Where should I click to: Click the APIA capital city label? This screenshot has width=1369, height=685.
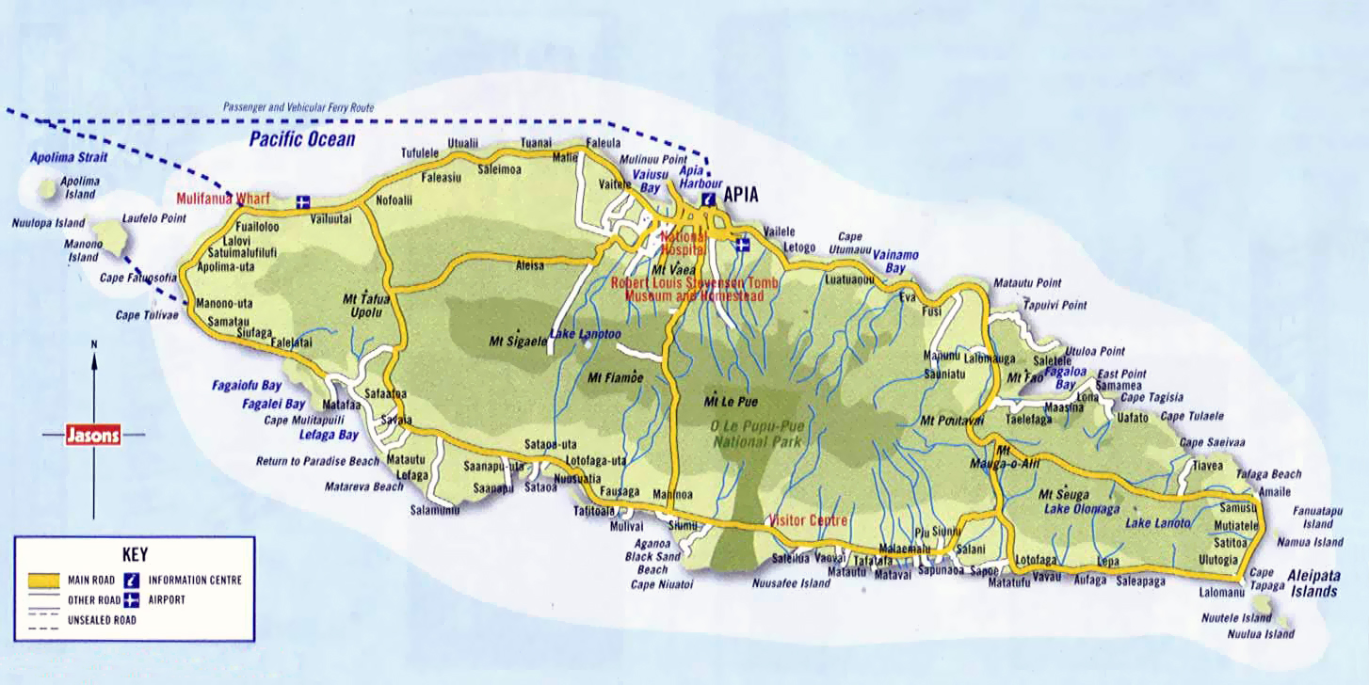click(740, 196)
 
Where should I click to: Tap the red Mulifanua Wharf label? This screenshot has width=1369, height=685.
click(223, 199)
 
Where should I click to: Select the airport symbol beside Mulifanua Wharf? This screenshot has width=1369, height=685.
click(302, 200)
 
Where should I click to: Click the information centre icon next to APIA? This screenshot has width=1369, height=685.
click(707, 199)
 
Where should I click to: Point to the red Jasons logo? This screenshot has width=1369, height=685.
click(93, 435)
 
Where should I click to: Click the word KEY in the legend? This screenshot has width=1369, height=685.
click(135, 554)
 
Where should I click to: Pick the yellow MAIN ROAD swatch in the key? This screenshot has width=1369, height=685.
click(42, 580)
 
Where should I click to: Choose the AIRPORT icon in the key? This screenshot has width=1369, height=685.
click(131, 599)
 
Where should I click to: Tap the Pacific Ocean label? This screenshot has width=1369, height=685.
click(302, 140)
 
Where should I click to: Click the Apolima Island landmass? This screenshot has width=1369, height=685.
click(47, 189)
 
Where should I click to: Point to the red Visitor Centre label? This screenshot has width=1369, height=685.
click(808, 520)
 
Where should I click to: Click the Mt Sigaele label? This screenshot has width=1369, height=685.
click(518, 342)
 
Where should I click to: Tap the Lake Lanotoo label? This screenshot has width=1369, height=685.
click(585, 334)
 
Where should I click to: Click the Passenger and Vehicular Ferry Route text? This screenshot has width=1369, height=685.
click(298, 108)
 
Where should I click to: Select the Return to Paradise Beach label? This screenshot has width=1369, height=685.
click(317, 461)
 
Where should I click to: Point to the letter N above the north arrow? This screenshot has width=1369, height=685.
click(94, 344)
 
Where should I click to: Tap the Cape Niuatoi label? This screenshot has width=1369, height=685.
click(662, 584)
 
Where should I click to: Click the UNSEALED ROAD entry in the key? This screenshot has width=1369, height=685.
click(102, 620)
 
